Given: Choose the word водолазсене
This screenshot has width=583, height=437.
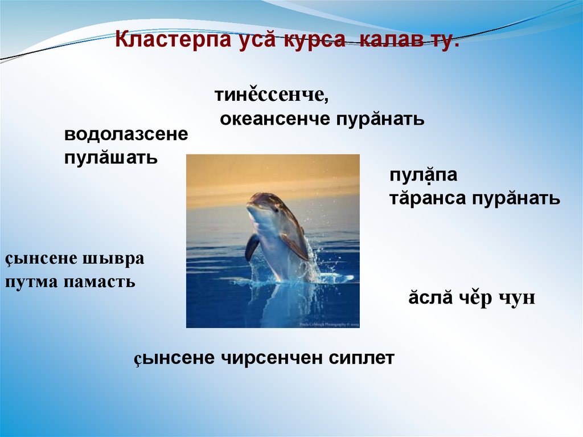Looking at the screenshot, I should point(126,135).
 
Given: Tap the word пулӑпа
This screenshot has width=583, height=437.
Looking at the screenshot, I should point(423,175).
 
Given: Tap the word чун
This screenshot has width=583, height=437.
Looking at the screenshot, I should point(516,299).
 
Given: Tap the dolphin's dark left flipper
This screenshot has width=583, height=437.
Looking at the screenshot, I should point(252,247).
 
